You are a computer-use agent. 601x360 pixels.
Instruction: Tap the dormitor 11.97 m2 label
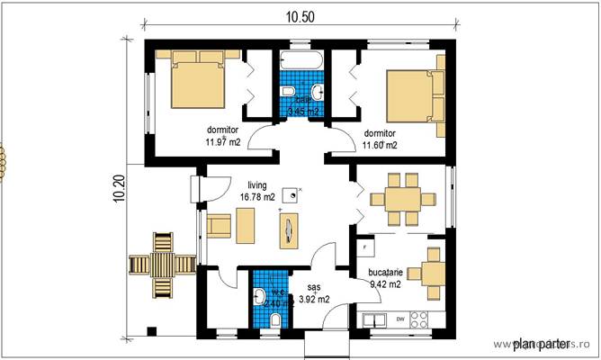coord(221,136)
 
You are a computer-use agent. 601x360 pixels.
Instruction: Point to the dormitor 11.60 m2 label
coord(379,138)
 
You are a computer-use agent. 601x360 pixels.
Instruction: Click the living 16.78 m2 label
coord(257,191)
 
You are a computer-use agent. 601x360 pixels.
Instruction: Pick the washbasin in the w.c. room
coord(259,295)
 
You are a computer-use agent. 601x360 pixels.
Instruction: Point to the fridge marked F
coord(365,246)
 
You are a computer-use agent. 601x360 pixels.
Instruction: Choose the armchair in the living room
coord(219,224)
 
